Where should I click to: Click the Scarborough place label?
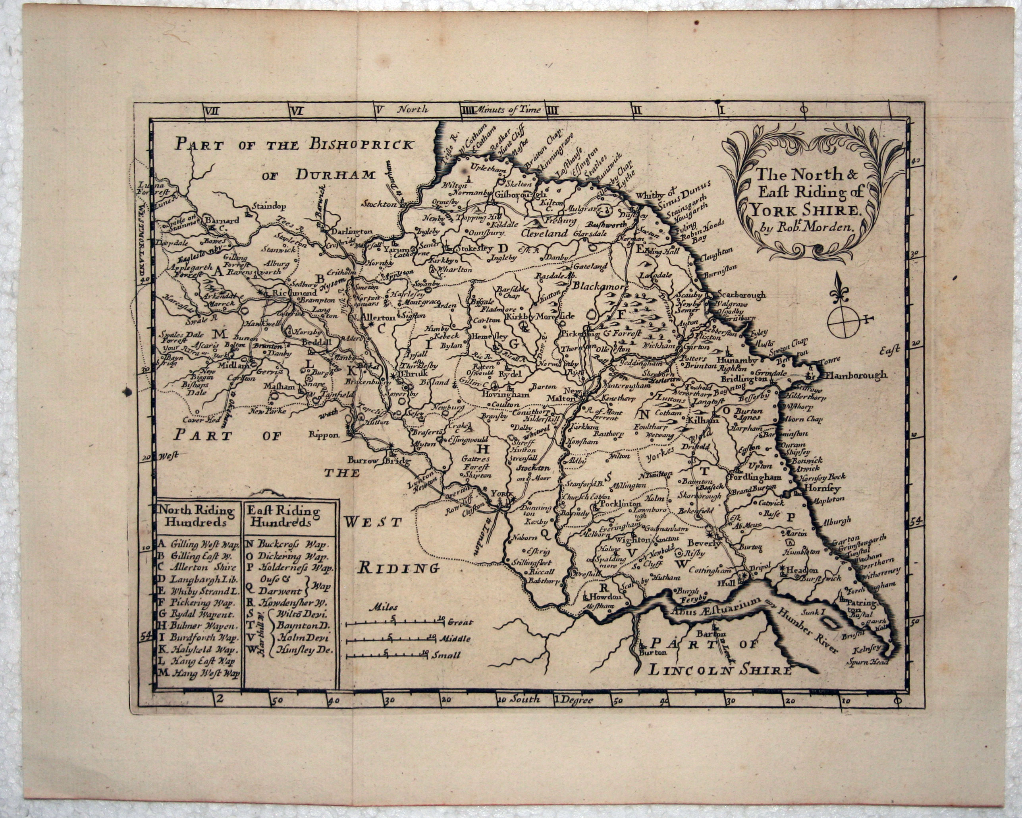(x=741, y=294)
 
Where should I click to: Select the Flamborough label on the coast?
(x=856, y=375)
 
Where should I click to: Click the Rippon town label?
(x=324, y=434)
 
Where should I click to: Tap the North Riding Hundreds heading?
(x=196, y=516)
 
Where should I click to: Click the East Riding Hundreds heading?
(x=283, y=516)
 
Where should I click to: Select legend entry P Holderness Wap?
(x=289, y=568)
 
